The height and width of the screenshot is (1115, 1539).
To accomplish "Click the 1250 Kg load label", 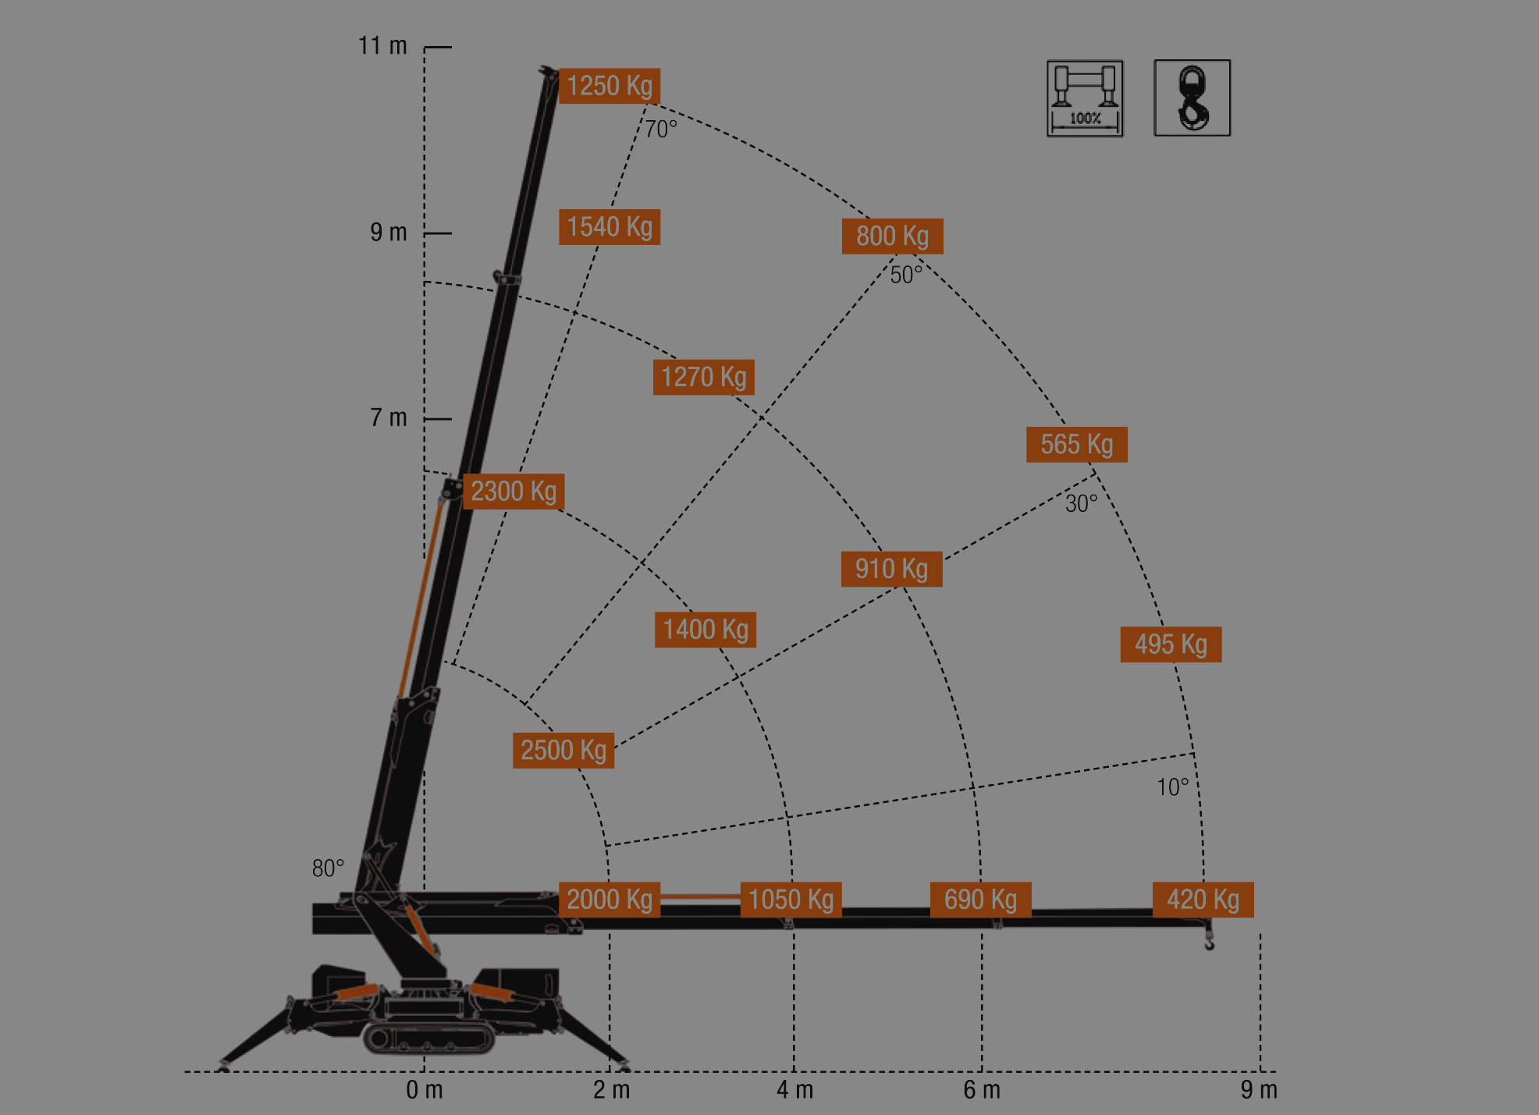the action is point(610,86).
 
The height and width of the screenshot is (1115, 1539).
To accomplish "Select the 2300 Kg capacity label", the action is point(514,492).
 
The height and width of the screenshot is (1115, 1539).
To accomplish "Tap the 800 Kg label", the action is point(892,236).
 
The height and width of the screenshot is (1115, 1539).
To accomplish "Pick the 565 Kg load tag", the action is point(1076,444).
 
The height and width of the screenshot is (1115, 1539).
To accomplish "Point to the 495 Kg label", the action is point(1171,644).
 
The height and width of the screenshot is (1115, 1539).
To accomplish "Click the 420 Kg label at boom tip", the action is point(1203,900).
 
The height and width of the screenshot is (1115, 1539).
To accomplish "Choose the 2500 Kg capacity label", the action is point(563,750).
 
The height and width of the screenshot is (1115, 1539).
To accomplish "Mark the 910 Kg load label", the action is point(891,569).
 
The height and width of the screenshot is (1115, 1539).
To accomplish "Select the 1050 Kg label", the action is point(791,900).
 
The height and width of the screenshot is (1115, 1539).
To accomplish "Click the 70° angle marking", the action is point(661,129).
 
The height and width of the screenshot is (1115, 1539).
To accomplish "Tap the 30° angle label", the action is point(1082,503).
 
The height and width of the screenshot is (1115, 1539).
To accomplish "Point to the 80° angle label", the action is point(328,868).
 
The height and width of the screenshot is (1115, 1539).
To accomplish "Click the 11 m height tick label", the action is point(382,46).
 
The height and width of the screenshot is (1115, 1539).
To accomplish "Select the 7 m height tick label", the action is point(389,417).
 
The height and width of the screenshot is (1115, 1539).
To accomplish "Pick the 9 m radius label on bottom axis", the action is point(1259,1090).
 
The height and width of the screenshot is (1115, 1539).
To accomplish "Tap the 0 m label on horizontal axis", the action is point(425,1090).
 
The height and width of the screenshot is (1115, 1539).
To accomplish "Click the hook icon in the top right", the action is point(1192,98).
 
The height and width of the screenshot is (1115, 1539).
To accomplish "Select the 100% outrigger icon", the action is point(1085,98).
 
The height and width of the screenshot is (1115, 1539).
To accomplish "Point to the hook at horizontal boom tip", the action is point(1209,936).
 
